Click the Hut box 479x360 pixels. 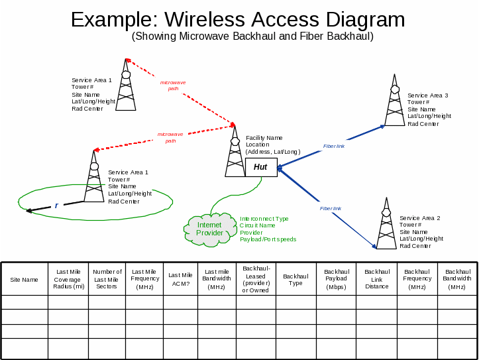(x=261, y=167)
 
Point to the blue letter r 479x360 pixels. (x=56, y=206)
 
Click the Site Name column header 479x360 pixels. (x=24, y=280)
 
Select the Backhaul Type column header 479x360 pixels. (x=295, y=280)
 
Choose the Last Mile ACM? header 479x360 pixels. (x=180, y=279)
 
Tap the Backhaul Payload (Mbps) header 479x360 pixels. (x=337, y=279)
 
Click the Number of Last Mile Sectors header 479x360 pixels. (x=107, y=279)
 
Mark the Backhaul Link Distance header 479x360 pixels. (x=377, y=279)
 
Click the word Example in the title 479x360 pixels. (x=113, y=19)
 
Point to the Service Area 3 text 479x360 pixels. (x=427, y=95)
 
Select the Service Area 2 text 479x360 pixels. (x=419, y=218)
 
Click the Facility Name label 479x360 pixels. (x=264, y=138)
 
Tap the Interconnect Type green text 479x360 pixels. (x=264, y=218)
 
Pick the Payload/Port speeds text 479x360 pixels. (x=268, y=239)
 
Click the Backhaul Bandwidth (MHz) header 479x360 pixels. (x=457, y=279)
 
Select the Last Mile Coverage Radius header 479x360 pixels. (x=69, y=279)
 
